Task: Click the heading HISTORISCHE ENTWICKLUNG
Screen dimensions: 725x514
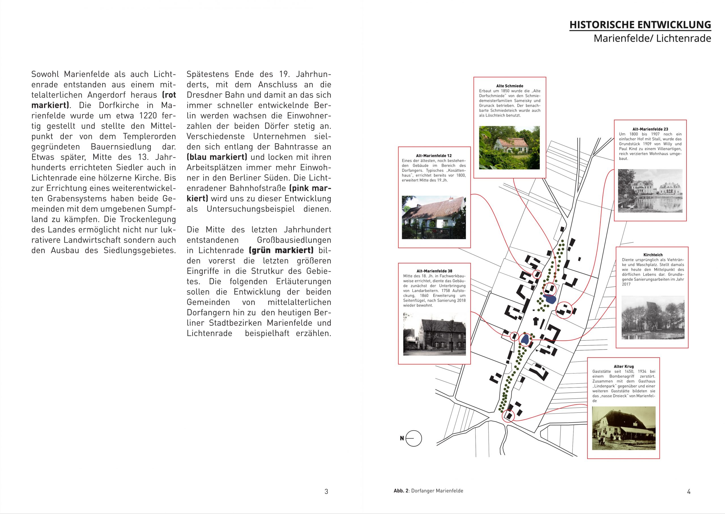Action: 640,25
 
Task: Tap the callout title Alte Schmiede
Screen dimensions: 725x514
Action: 509,86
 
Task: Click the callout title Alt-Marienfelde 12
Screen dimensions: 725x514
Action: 434,156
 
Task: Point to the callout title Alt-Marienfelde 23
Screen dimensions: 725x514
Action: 650,129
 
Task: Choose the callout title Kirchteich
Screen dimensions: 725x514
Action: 653,255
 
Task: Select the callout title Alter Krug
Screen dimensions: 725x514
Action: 624,367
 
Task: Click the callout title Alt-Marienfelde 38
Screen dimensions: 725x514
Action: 434,271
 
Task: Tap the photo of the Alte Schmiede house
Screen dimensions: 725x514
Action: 509,147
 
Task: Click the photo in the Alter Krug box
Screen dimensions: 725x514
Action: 624,428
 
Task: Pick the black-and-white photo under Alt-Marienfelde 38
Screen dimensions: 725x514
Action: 434,334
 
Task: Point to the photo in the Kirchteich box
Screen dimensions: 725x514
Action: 653,317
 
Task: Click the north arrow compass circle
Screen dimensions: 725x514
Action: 413,438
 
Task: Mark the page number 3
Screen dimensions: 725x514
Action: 326,492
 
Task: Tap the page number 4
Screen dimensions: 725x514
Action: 688,492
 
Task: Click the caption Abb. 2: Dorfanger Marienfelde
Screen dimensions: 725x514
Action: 428,491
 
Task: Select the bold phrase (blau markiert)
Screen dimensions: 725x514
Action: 217,157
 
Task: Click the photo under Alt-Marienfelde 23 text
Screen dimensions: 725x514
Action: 650,191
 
